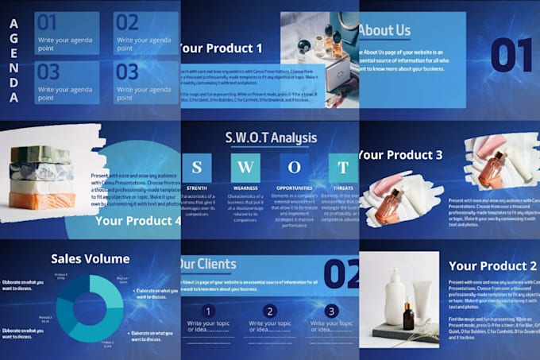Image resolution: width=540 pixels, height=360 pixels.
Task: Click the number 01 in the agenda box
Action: click(x=48, y=22)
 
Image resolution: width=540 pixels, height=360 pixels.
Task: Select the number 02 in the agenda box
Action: click(x=127, y=22)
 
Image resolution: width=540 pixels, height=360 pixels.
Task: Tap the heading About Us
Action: click(x=384, y=31)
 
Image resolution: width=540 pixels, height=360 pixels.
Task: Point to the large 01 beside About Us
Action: click(x=511, y=55)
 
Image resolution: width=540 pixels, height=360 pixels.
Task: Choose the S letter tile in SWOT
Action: click(x=197, y=168)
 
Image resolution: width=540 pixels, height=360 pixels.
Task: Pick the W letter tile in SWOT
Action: click(x=245, y=168)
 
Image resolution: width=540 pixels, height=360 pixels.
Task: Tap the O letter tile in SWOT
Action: click(x=295, y=168)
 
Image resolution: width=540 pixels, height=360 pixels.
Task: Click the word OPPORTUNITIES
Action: click(x=295, y=188)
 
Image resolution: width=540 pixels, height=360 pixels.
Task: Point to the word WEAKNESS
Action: click(x=245, y=188)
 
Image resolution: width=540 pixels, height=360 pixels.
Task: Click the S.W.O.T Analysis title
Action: click(x=270, y=138)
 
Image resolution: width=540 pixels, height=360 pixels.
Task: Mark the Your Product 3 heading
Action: click(x=399, y=154)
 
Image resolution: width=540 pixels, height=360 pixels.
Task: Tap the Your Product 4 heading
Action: click(x=137, y=221)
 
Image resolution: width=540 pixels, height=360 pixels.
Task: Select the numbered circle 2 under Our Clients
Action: click(x=270, y=312)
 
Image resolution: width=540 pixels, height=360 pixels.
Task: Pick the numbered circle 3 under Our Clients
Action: click(x=332, y=312)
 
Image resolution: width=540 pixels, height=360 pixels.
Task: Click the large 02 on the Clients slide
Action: click(x=342, y=273)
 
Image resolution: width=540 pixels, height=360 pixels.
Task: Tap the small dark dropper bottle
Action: click(x=408, y=316)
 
